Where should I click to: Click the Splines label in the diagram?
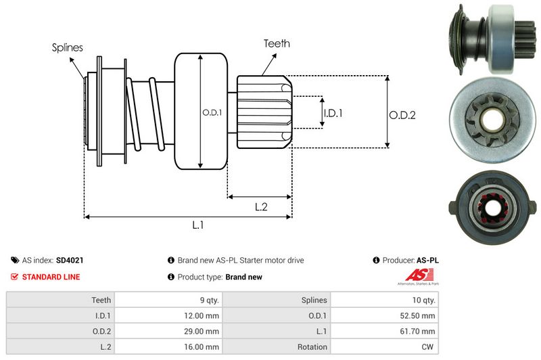pyautogui.click(x=67, y=47)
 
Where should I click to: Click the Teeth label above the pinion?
pyautogui.click(x=276, y=43)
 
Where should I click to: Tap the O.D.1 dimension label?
pyautogui.click(x=212, y=112)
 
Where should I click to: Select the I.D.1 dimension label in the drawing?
pyautogui.click(x=332, y=113)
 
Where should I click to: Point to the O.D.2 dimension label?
pyautogui.click(x=402, y=115)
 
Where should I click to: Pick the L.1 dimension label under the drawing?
pyautogui.click(x=198, y=226)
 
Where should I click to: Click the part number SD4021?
pyautogui.click(x=70, y=260)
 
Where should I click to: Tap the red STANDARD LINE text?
pyautogui.click(x=51, y=277)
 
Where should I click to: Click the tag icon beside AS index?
pyautogui.click(x=15, y=260)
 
